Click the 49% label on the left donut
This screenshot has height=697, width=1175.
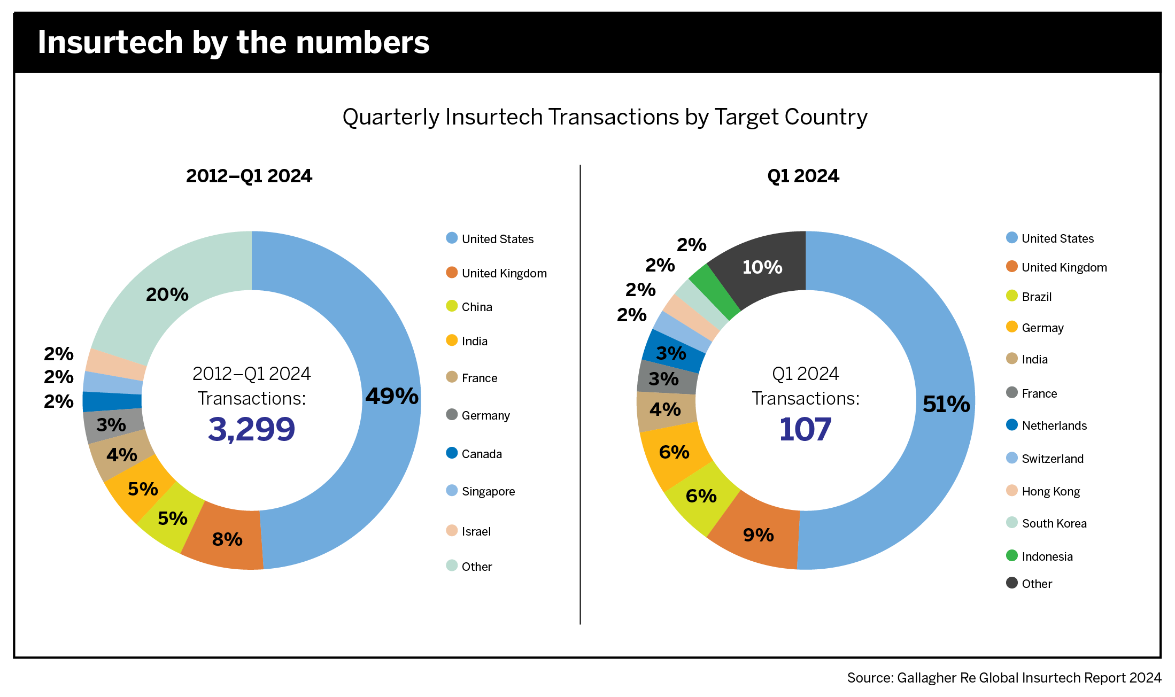[x=392, y=396]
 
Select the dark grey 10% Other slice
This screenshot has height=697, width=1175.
[x=762, y=267]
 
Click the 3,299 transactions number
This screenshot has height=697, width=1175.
[x=251, y=429]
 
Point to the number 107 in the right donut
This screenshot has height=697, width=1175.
[x=805, y=429]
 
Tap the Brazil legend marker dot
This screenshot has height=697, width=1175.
[x=1011, y=296]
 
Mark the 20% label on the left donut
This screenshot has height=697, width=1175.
[x=167, y=295]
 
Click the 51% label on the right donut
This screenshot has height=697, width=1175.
[x=946, y=404]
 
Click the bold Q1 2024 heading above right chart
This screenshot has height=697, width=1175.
[x=803, y=176]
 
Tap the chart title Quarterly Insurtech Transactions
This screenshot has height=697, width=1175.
[x=605, y=117]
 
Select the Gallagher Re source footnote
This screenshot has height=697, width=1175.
[x=1004, y=678]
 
